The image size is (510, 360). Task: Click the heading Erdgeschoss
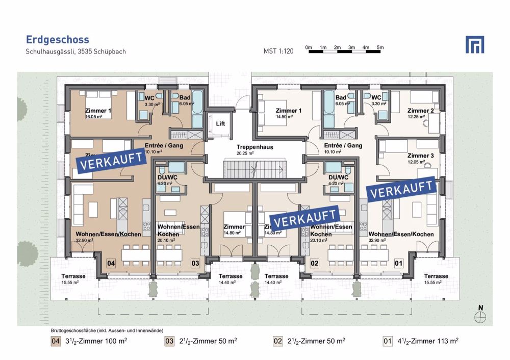click(57, 39)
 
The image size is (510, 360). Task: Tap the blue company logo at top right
click(475, 44)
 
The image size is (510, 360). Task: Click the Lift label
click(220, 123)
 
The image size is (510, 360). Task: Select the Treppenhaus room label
click(254, 147)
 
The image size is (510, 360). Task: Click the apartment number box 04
click(111, 263)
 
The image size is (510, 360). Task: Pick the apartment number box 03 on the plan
click(195, 263)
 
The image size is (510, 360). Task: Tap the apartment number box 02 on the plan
click(315, 263)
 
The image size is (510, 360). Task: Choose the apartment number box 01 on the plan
click(399, 263)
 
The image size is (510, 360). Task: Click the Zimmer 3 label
click(420, 156)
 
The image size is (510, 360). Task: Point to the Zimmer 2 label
click(420, 111)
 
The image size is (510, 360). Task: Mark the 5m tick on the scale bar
click(379, 47)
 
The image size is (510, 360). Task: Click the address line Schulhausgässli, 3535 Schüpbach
click(75, 52)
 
